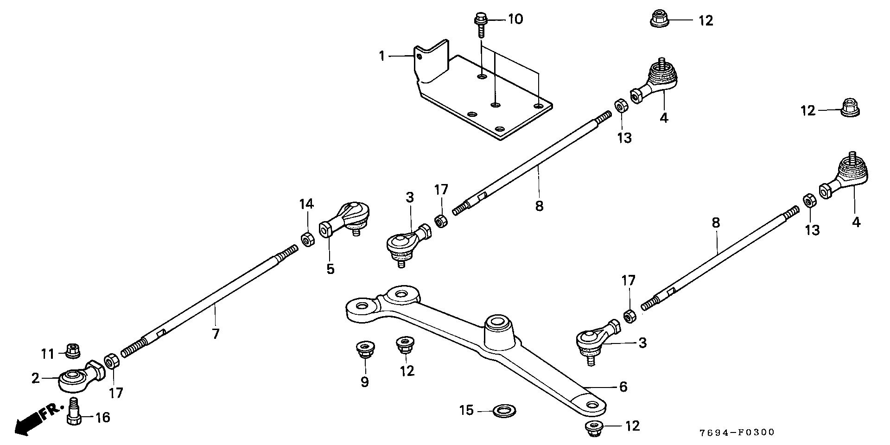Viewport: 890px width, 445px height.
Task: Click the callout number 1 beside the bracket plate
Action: [x=381, y=57]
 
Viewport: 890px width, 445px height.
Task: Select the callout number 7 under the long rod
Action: [x=216, y=333]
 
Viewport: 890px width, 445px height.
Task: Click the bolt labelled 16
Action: [x=74, y=412]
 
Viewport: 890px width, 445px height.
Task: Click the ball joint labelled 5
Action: [x=345, y=221]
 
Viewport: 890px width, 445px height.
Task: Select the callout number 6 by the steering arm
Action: [x=623, y=386]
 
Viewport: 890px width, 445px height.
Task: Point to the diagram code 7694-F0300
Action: [x=737, y=432]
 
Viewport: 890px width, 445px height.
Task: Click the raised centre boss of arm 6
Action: [x=499, y=329]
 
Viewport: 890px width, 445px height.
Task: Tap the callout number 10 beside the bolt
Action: [x=515, y=19]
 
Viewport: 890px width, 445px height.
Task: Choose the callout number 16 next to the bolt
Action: [x=102, y=418]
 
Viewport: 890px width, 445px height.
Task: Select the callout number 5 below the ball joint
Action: [x=330, y=269]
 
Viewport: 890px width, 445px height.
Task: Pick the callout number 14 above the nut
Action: [x=306, y=204]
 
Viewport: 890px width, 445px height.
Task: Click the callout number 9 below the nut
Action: [x=364, y=382]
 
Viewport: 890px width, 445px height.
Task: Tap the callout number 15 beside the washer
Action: [x=467, y=410]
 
